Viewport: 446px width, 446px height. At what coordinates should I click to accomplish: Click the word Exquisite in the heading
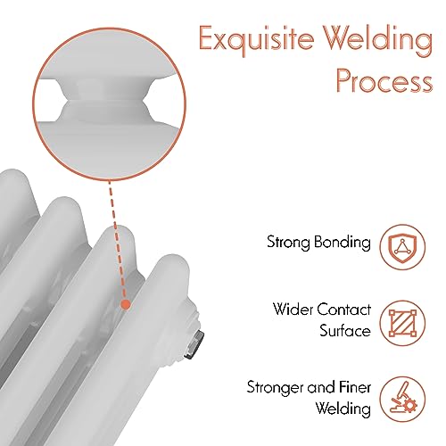(257, 39)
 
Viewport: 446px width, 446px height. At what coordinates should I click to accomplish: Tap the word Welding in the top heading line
(378, 39)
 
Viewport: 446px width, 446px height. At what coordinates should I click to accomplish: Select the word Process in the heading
(384, 81)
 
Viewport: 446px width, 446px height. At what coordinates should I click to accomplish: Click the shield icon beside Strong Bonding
(402, 247)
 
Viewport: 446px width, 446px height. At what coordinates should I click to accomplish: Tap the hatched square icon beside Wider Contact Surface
(402, 323)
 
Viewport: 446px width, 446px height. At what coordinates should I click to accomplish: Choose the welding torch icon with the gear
(402, 399)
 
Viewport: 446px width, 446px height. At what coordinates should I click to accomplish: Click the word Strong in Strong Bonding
(289, 243)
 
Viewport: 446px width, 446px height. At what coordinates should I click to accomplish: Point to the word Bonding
(343, 243)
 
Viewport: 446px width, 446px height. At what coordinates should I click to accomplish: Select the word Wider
(293, 310)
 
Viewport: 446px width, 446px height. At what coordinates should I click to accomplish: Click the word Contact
(344, 310)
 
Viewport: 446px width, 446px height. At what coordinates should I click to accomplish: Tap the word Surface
(345, 331)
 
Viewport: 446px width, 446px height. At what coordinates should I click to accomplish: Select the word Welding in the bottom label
(343, 409)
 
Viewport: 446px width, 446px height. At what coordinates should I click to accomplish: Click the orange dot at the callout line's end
(126, 304)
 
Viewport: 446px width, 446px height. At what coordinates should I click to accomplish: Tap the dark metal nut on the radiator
(194, 344)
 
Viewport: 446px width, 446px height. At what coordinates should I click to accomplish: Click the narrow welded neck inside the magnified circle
(103, 100)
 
